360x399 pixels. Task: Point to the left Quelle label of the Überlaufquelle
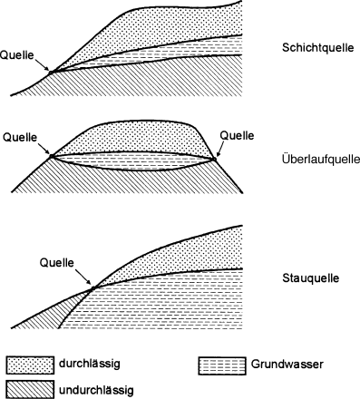point(20,137)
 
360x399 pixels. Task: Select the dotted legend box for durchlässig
point(26,365)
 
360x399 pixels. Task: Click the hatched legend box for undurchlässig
point(26,389)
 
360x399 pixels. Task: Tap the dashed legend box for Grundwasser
point(219,365)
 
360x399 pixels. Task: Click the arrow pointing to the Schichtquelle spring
point(43,64)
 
